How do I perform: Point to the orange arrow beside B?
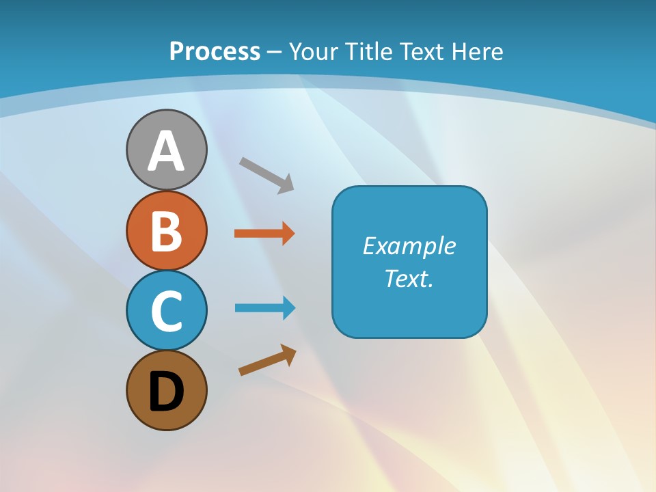[x=264, y=234]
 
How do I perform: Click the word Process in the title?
[x=215, y=51]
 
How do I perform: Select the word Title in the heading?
[x=368, y=51]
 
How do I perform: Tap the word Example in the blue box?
[x=409, y=246]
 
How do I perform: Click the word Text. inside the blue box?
[x=409, y=278]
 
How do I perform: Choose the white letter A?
[x=166, y=152]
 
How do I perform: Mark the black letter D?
[x=166, y=392]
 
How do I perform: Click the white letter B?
[x=166, y=231]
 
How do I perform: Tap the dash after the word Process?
[x=274, y=52]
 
